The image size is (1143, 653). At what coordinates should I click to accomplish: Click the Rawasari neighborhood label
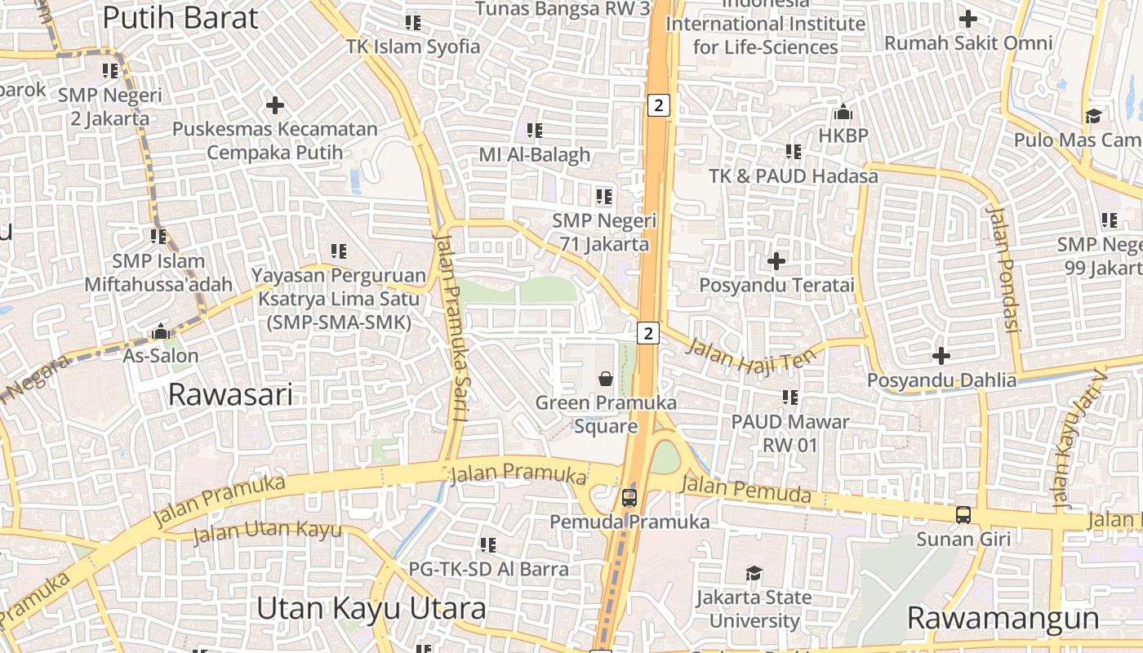[x=229, y=395]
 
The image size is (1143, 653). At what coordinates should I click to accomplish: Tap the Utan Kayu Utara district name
[x=371, y=608]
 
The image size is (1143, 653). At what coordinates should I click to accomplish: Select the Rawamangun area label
[x=1003, y=618]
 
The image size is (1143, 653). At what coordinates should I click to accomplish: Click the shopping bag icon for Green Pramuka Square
[x=606, y=378]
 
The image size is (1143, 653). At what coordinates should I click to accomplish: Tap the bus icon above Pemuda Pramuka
[x=629, y=497]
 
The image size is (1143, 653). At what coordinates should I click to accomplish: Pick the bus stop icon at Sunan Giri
[x=963, y=515]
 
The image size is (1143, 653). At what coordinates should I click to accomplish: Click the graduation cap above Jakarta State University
[x=754, y=574]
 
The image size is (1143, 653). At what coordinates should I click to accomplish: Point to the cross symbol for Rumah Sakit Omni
[x=968, y=18]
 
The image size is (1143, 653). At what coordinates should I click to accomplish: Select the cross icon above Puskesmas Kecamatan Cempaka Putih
[x=275, y=105]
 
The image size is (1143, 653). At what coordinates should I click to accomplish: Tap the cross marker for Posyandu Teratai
[x=776, y=261]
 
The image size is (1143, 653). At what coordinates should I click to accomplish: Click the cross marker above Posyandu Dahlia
[x=941, y=356]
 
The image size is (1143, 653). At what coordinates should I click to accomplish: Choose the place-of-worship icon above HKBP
[x=843, y=112]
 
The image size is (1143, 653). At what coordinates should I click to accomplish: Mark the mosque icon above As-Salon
[x=161, y=332]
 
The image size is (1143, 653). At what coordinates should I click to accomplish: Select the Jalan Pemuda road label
[x=746, y=491]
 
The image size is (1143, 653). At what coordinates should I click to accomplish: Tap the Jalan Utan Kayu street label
[x=267, y=531]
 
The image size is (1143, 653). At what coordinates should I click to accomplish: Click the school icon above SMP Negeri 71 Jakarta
[x=604, y=196]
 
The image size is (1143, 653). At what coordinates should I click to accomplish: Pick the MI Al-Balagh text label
[x=534, y=154]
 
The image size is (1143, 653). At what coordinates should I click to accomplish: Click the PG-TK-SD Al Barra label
[x=488, y=569]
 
